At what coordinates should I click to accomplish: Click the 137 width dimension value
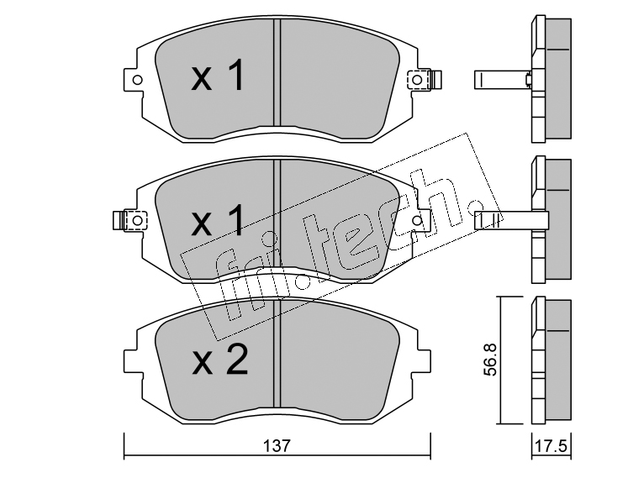point(277,446)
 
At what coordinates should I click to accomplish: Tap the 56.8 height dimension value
point(490,359)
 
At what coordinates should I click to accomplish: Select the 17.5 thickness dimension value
point(551,446)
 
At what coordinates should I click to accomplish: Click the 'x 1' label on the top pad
point(218,76)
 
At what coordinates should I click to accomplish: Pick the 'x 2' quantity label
point(219,360)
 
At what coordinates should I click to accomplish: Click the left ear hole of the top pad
point(137,80)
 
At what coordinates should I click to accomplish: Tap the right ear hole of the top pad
point(417,80)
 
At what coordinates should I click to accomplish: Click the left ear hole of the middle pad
point(137,220)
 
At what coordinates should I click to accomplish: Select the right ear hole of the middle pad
point(417,220)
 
